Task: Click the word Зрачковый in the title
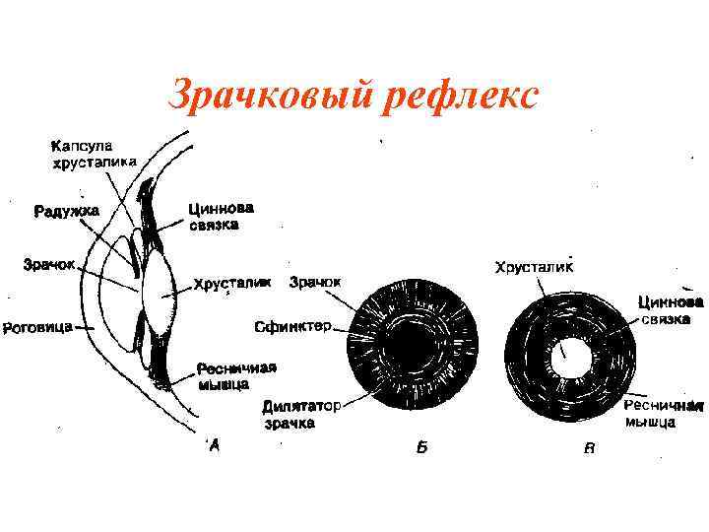pyautogui.click(x=260, y=96)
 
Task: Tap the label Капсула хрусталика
pyautogui.click(x=93, y=154)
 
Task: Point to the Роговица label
pyautogui.click(x=35, y=326)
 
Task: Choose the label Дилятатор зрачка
pyautogui.click(x=299, y=414)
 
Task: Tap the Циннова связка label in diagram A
pyautogui.click(x=222, y=216)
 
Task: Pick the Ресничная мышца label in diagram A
pyautogui.click(x=236, y=375)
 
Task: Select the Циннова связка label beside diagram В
pyautogui.click(x=670, y=310)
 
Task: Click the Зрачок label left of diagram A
pyautogui.click(x=49, y=265)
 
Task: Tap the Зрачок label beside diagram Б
pyautogui.click(x=315, y=282)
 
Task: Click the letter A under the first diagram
pyautogui.click(x=215, y=447)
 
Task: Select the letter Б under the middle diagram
pyautogui.click(x=421, y=448)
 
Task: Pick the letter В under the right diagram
pyautogui.click(x=589, y=449)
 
